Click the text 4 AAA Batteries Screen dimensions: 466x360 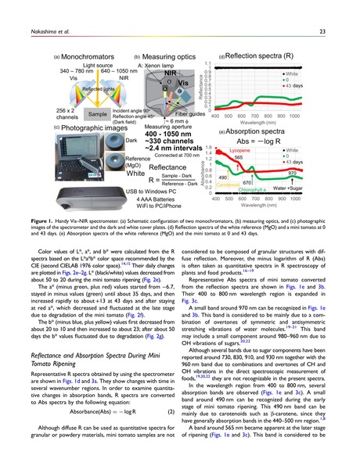click(149, 201)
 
